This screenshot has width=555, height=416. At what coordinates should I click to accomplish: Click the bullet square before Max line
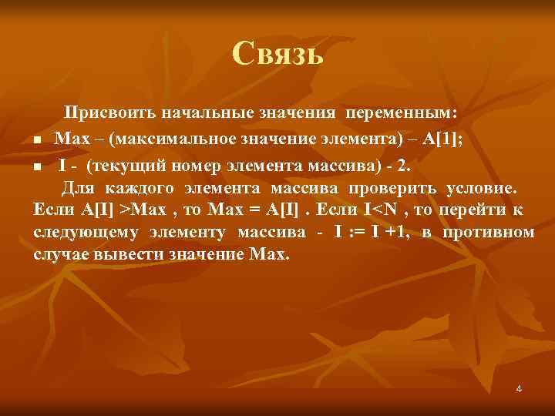pyautogui.click(x=37, y=140)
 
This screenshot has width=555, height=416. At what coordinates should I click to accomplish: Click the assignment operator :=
pyautogui.click(x=355, y=233)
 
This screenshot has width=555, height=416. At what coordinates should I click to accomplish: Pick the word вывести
pyautogui.click(x=128, y=254)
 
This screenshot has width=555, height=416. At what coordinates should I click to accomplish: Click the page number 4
pyautogui.click(x=519, y=388)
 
